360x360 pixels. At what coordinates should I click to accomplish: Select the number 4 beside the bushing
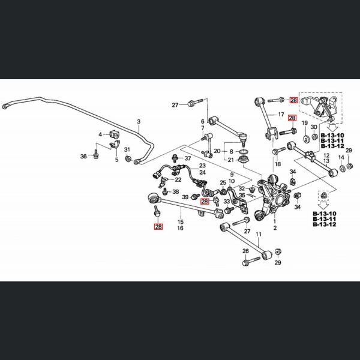[101, 134]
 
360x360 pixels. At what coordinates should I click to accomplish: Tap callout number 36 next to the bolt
[83, 156]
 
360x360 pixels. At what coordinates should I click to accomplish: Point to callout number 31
[127, 149]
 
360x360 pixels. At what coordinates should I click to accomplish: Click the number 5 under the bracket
[117, 160]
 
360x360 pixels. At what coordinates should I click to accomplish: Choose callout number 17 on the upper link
[281, 114]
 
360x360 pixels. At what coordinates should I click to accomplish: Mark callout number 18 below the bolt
[277, 164]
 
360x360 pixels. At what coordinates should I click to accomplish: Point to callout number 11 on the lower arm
[259, 234]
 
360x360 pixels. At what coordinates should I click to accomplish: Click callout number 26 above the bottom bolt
[245, 251]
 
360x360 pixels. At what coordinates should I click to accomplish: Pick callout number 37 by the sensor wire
[187, 158]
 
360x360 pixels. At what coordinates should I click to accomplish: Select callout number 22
[178, 179]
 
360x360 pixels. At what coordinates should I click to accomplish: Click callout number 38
[176, 191]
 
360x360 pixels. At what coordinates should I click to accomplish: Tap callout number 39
[186, 197]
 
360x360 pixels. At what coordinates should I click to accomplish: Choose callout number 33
[226, 202]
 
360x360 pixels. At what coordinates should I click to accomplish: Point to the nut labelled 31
[128, 159]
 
